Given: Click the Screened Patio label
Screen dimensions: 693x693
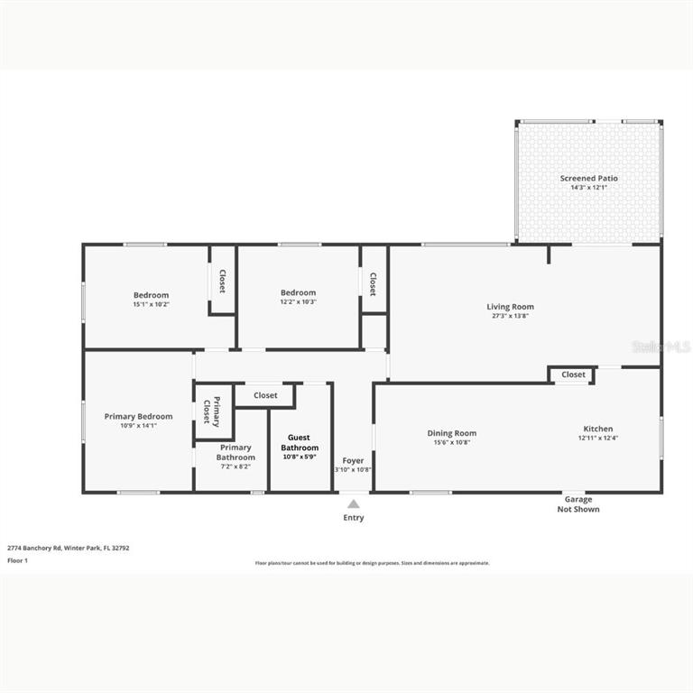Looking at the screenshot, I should pos(588,178).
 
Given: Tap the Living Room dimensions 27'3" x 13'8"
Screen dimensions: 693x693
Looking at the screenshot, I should pos(510,316).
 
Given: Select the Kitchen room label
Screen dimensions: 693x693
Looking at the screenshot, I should pos(597,429).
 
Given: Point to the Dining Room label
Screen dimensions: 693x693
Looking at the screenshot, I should pos(451,433).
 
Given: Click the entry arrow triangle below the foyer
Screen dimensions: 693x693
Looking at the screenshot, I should pos(354,504).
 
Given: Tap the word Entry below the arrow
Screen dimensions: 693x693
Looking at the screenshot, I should pos(354,518).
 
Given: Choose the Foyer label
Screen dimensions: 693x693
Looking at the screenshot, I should pos(353,460).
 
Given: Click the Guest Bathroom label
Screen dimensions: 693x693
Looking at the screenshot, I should pos(300,442).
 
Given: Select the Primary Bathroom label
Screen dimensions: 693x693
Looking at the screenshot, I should pos(236,452).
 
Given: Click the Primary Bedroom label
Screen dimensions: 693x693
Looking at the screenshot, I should pos(138,416).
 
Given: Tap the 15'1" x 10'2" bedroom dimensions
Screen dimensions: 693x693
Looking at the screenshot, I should pos(151,304).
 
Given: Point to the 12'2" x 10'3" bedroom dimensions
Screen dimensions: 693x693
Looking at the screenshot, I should pos(298,301).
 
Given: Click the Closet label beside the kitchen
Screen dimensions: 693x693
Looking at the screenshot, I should pos(573,374).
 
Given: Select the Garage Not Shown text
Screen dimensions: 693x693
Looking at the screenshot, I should pos(577,504).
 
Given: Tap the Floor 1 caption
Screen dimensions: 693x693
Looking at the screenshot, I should pos(18,560).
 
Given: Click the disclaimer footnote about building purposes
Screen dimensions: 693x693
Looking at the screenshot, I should pos(372,562).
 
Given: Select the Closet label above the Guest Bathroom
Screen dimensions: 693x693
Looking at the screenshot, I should pos(265,395).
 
